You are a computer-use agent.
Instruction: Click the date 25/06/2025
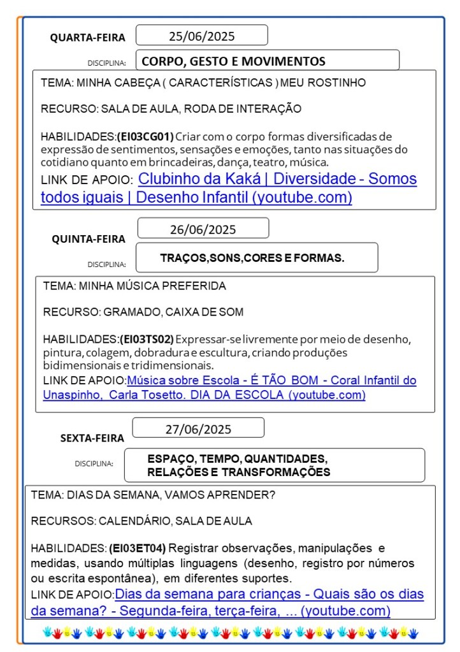tap(201, 36)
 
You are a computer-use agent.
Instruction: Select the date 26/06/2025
tap(203, 229)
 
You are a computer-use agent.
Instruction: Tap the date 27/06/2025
tap(198, 429)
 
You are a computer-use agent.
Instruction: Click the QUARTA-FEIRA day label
tap(88, 38)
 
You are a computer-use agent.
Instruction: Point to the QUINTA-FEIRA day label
tap(89, 239)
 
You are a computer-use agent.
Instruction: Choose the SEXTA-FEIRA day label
tap(92, 438)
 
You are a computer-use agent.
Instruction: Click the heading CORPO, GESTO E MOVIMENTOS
tap(233, 61)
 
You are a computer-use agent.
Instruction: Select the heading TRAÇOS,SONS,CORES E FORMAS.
tap(252, 258)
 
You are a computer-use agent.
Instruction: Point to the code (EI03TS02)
tap(147, 338)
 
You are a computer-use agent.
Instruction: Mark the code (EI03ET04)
tap(137, 547)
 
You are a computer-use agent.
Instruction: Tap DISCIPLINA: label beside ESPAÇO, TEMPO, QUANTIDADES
tap(94, 463)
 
